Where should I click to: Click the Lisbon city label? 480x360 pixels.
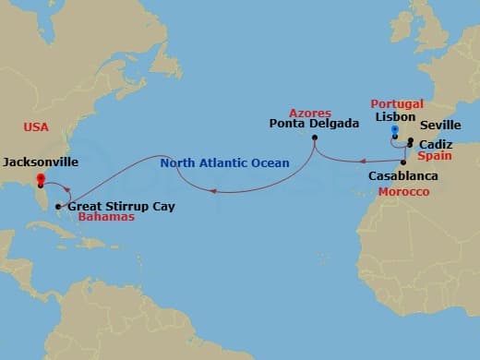pos(394,118)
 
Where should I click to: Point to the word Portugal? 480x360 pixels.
pos(398,104)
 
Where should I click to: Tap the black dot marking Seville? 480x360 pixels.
pos(411,141)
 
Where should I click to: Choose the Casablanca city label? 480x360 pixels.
pos(402,175)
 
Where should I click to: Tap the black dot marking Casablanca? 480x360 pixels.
pos(403,162)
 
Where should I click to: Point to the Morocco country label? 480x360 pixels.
pos(403,191)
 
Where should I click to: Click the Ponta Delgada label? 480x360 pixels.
pos(314,123)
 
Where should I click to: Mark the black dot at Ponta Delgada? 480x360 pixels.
pos(315,138)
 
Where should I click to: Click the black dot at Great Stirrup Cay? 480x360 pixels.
pos(58,206)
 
